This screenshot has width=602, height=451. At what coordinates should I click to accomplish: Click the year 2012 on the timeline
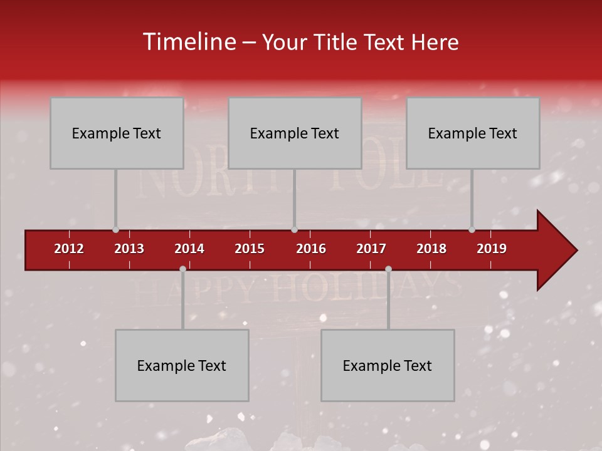tap(69, 249)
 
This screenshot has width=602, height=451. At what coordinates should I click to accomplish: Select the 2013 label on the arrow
tap(129, 249)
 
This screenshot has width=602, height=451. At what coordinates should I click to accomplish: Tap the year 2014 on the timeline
tap(189, 249)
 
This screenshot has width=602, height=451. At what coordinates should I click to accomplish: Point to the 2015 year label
tap(250, 249)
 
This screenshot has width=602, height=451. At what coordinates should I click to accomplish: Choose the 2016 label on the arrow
tap(311, 249)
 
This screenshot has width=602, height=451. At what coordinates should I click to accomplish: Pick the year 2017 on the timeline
tap(371, 249)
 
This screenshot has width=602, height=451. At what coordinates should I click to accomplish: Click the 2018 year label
tap(431, 249)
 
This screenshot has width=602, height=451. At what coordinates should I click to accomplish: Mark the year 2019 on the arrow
tap(492, 249)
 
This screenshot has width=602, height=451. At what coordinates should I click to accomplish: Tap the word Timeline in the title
tap(187, 42)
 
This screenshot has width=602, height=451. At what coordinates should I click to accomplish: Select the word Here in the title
tap(435, 42)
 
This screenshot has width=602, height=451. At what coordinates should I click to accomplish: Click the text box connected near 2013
tap(117, 133)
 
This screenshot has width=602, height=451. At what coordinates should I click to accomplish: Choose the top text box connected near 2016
tap(295, 133)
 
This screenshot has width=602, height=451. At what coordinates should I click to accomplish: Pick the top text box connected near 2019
tap(473, 133)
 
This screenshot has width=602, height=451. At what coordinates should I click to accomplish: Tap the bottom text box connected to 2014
tap(182, 365)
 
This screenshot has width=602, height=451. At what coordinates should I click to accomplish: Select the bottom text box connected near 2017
tap(388, 365)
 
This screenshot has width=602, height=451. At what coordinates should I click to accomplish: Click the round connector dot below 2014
tap(182, 269)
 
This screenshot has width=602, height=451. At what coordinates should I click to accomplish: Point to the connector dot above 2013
tap(115, 230)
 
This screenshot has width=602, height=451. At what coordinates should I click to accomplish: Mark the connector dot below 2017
tap(388, 269)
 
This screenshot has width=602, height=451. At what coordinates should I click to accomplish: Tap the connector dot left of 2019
tap(472, 230)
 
